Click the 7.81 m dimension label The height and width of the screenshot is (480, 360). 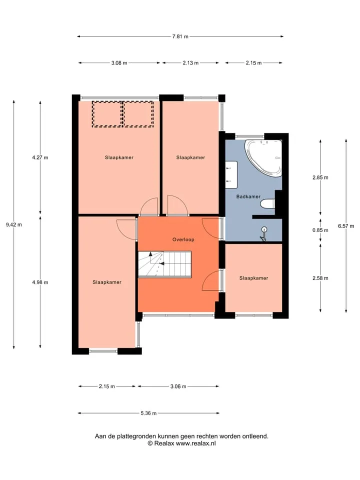tap(180, 36)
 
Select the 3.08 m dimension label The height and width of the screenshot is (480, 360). tap(119, 63)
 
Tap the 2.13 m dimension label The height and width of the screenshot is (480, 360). tap(190, 63)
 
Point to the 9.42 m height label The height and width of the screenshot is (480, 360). tap(14, 224)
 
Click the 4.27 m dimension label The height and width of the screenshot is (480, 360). tap(40, 157)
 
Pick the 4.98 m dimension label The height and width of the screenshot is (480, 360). tap(40, 282)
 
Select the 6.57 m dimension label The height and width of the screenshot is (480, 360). tap(346, 226)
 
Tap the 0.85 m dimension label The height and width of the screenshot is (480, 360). tap(320, 230)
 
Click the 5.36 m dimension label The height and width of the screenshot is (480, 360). tap(148, 413)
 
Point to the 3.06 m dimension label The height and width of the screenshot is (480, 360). tap(178, 386)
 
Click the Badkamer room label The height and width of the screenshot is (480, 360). tap(248, 196)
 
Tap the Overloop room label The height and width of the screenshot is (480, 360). tap(183, 239)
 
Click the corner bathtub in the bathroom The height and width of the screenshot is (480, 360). tap(264, 158)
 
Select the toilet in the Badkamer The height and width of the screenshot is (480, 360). tap(267, 203)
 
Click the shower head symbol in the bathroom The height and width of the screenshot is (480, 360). tap(264, 234)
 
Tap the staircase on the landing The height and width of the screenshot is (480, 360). tap(164, 264)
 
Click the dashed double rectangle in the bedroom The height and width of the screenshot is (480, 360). tap(123, 114)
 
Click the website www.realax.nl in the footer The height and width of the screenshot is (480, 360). tap(195, 443)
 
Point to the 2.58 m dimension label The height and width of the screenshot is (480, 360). tap(320, 278)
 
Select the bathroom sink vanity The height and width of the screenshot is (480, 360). tap(231, 174)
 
